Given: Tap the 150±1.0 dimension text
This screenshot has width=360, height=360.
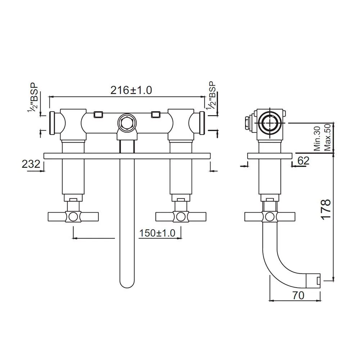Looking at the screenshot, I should click(157, 233).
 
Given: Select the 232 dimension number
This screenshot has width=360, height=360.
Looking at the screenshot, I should click(31, 164).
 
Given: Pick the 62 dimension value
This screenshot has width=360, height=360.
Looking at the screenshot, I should click(303, 161).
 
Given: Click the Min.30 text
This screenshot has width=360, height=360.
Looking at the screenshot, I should click(317, 138).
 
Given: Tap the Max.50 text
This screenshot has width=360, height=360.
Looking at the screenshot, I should click(327, 138).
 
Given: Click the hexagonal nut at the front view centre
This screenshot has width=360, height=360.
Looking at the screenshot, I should click(126, 122).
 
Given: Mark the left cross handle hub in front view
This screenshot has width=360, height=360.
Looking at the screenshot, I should click(73, 216).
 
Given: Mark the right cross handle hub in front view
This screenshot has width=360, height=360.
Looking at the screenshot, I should click(181, 216).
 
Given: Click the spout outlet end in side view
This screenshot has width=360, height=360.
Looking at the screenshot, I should click(316, 280).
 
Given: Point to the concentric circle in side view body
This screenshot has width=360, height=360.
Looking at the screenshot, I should click(269, 123).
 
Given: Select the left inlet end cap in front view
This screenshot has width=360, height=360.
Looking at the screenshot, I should click(52, 123).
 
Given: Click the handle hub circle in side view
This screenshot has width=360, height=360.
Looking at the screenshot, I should click(269, 217).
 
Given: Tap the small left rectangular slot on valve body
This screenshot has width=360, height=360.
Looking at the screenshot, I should click(98, 114).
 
